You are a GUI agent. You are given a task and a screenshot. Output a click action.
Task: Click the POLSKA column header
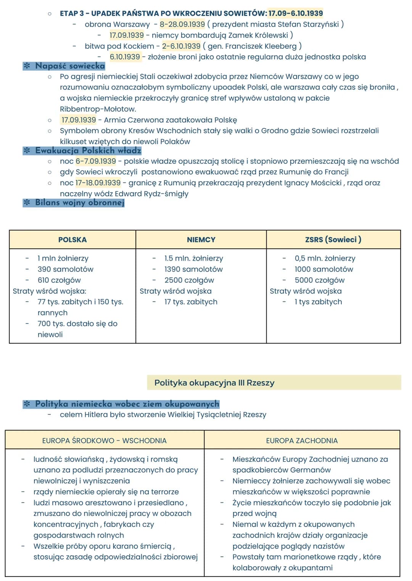tap(72, 240)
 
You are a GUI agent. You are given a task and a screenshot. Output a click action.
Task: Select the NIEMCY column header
tap(201, 240)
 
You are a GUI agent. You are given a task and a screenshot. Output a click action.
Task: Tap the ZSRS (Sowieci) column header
tap(333, 240)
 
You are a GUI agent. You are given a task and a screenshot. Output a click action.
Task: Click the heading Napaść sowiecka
tap(70, 66)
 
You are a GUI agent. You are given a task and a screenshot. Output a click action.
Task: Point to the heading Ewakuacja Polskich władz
tap(88, 150)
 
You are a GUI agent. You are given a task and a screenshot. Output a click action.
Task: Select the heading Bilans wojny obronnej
tap(80, 202)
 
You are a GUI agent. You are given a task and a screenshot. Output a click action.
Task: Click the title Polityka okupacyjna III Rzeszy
tap(214, 383)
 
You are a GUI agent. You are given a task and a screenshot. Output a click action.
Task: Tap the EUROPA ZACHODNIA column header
tap(302, 440)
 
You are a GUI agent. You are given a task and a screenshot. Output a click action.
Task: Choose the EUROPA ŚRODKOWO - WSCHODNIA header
tap(104, 440)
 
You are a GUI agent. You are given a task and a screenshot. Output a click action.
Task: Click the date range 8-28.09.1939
tap(182, 24)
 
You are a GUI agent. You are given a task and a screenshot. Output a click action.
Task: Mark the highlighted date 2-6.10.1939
tap(181, 46)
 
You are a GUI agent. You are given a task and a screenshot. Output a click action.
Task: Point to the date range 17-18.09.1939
tap(98, 183)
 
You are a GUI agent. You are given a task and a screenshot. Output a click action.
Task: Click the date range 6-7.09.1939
tap(96, 161)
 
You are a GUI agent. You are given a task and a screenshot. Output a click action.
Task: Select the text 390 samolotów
tap(65, 269)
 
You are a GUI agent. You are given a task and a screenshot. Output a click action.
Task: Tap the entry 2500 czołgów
tap(189, 280)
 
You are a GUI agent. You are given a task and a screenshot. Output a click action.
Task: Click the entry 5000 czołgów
tap(319, 280)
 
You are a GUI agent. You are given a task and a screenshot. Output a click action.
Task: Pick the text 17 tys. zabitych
tap(191, 302)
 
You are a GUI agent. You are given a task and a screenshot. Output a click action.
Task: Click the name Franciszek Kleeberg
tap(261, 46)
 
